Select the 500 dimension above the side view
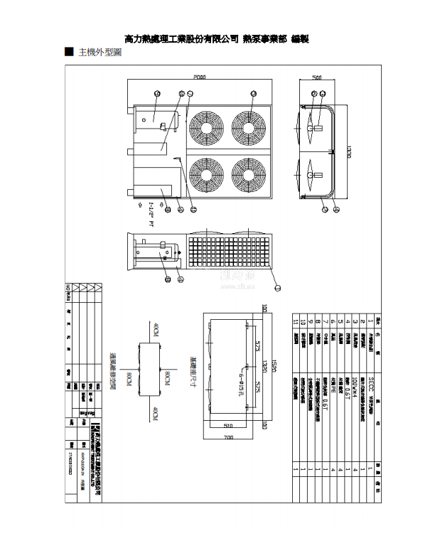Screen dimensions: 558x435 pyautogui.click(x=318, y=77)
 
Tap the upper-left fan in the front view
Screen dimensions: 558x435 pyautogui.click(x=207, y=127)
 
